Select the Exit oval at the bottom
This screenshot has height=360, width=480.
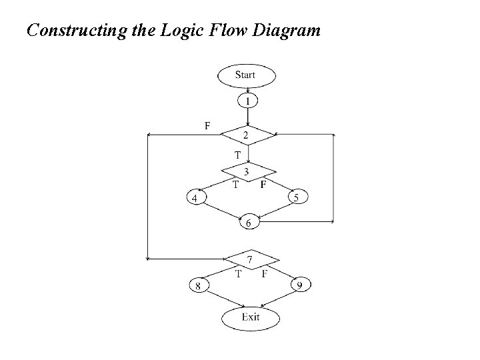point(250,317)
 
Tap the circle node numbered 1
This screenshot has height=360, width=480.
point(247,101)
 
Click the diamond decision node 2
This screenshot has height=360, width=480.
point(247,135)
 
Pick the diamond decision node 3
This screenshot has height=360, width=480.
point(247,172)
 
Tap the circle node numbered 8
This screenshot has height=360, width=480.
point(198,286)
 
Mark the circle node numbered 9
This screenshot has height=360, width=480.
point(301,286)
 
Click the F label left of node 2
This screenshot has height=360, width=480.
point(207,125)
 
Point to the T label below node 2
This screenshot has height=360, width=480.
point(237,155)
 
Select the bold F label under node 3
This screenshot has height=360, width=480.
point(263,184)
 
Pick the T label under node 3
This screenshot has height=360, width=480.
point(235,185)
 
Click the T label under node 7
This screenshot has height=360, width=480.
point(237,273)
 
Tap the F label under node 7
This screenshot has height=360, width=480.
point(265,273)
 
